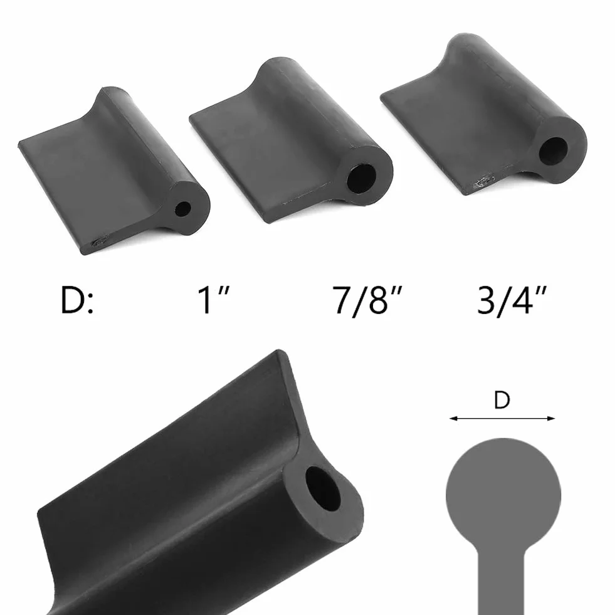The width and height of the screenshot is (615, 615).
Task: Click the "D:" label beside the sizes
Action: click(77, 300)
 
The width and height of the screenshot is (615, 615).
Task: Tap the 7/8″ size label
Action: click(367, 301)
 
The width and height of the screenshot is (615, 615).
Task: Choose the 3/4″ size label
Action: click(512, 300)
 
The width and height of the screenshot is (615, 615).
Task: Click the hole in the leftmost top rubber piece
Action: click(183, 209)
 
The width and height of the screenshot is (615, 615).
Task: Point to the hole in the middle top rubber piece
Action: click(361, 179)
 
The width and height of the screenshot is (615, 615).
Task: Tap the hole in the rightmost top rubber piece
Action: click(553, 150)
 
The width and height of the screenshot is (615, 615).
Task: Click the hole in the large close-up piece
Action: click(323, 488)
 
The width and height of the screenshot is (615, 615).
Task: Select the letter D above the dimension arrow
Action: click(502, 400)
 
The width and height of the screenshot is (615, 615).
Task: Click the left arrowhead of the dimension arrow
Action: click(454, 419)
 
